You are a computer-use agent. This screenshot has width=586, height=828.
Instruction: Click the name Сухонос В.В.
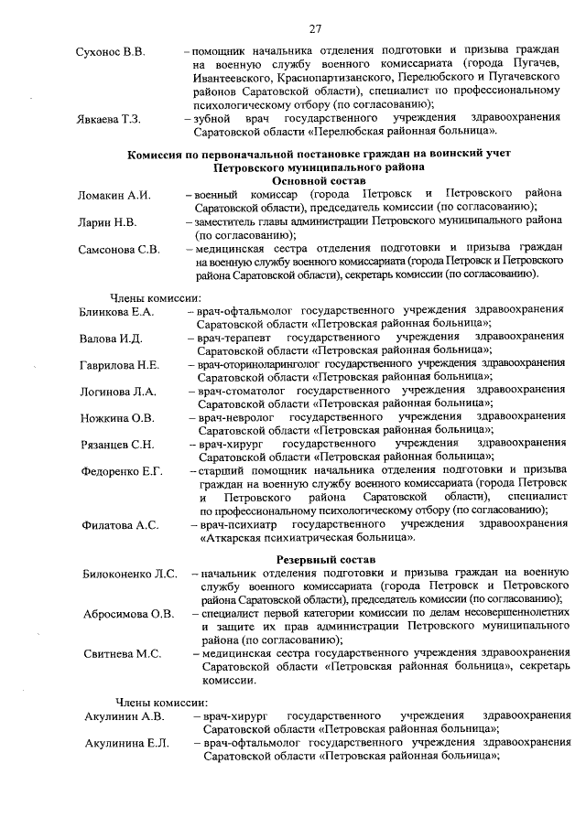pos(110,51)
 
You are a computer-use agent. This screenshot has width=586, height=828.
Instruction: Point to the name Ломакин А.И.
pos(114,196)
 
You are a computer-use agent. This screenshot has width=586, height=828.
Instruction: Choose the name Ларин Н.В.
pos(108,221)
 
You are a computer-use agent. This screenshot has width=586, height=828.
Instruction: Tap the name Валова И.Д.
pos(111,339)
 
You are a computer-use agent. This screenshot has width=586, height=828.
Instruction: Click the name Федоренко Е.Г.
pos(122,471)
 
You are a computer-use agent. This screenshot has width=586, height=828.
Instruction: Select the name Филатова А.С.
pos(120,524)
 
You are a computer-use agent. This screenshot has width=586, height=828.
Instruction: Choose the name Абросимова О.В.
pos(128,613)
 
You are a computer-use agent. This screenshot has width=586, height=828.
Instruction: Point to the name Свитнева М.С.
pos(122,653)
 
